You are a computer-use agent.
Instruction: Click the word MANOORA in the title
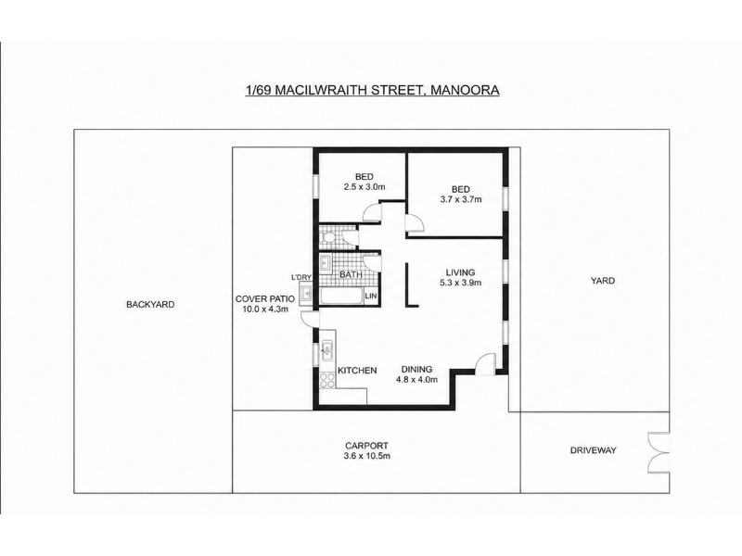tap(464, 90)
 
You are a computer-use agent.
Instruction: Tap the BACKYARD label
tap(150, 305)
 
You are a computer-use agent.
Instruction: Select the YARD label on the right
tap(602, 281)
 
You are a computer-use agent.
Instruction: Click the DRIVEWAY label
tap(593, 450)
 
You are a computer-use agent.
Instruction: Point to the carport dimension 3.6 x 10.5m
tap(367, 456)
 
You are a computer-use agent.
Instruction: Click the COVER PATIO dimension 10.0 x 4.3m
tap(265, 310)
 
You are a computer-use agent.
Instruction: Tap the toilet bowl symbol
tap(329, 237)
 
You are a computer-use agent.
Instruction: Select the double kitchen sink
tap(326, 350)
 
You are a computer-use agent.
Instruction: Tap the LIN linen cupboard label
tap(371, 296)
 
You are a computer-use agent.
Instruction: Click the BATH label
tap(352, 274)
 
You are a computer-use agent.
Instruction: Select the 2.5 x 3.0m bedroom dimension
tap(365, 187)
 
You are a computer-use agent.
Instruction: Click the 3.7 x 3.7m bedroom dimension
tap(461, 199)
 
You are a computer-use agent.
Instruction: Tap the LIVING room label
tap(460, 272)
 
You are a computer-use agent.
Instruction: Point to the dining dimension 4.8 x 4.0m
tap(416, 379)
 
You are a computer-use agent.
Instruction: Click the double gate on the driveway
tap(659, 452)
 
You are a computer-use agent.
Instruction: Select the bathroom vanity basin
tap(326, 262)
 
